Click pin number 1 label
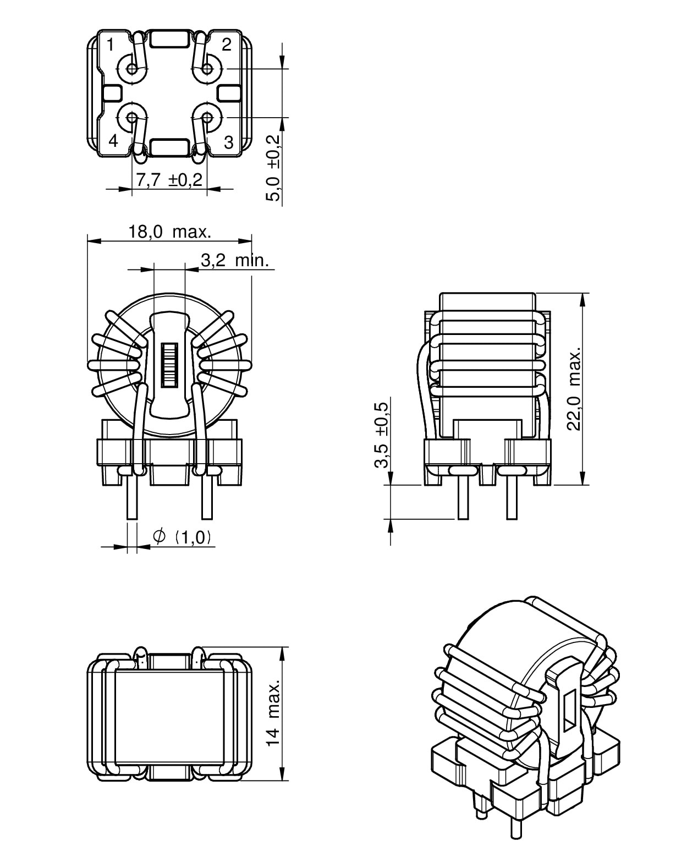(111, 45)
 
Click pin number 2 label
(226, 44)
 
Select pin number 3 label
(229, 142)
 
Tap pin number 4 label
(113, 141)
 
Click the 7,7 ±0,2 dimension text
(169, 180)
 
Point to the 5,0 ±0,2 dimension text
(273, 168)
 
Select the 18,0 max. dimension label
(170, 232)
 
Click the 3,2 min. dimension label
(235, 260)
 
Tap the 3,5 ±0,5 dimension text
(381, 435)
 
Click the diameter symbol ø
(159, 536)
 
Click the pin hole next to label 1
(132, 69)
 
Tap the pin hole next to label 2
(207, 69)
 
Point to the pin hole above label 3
(207, 118)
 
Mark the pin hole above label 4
(132, 118)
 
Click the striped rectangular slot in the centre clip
(169, 364)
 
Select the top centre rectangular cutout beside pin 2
(169, 39)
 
